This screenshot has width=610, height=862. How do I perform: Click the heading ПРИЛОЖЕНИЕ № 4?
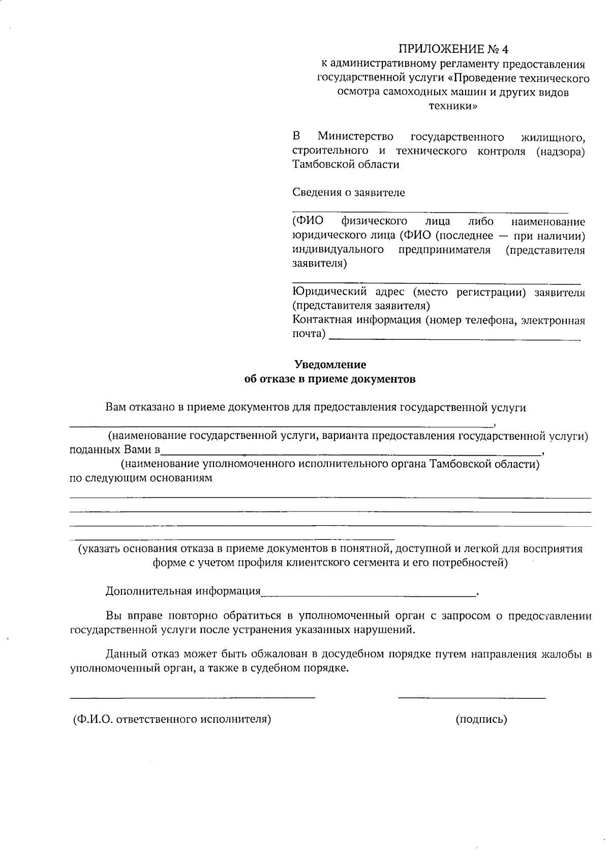pyautogui.click(x=453, y=49)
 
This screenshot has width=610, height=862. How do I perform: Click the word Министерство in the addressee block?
pyautogui.click(x=355, y=137)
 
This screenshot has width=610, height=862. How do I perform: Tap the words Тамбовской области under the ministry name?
pyautogui.click(x=346, y=165)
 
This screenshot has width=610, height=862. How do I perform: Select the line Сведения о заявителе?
pyautogui.click(x=349, y=193)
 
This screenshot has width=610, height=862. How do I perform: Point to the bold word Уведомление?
pyautogui.click(x=330, y=365)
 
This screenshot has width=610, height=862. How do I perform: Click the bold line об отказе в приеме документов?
pyautogui.click(x=330, y=379)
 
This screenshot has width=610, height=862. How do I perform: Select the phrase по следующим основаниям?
pyautogui.click(x=141, y=478)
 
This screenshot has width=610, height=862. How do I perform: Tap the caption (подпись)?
pyautogui.click(x=481, y=719)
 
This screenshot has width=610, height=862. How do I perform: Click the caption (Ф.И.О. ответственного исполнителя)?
pyautogui.click(x=172, y=719)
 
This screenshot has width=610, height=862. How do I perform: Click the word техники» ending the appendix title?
pyautogui.click(x=453, y=106)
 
